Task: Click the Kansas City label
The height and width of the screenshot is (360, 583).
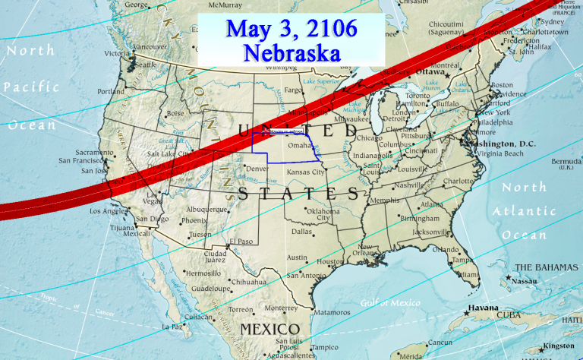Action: click(306, 172)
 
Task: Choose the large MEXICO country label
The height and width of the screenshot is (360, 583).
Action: click(269, 328)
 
